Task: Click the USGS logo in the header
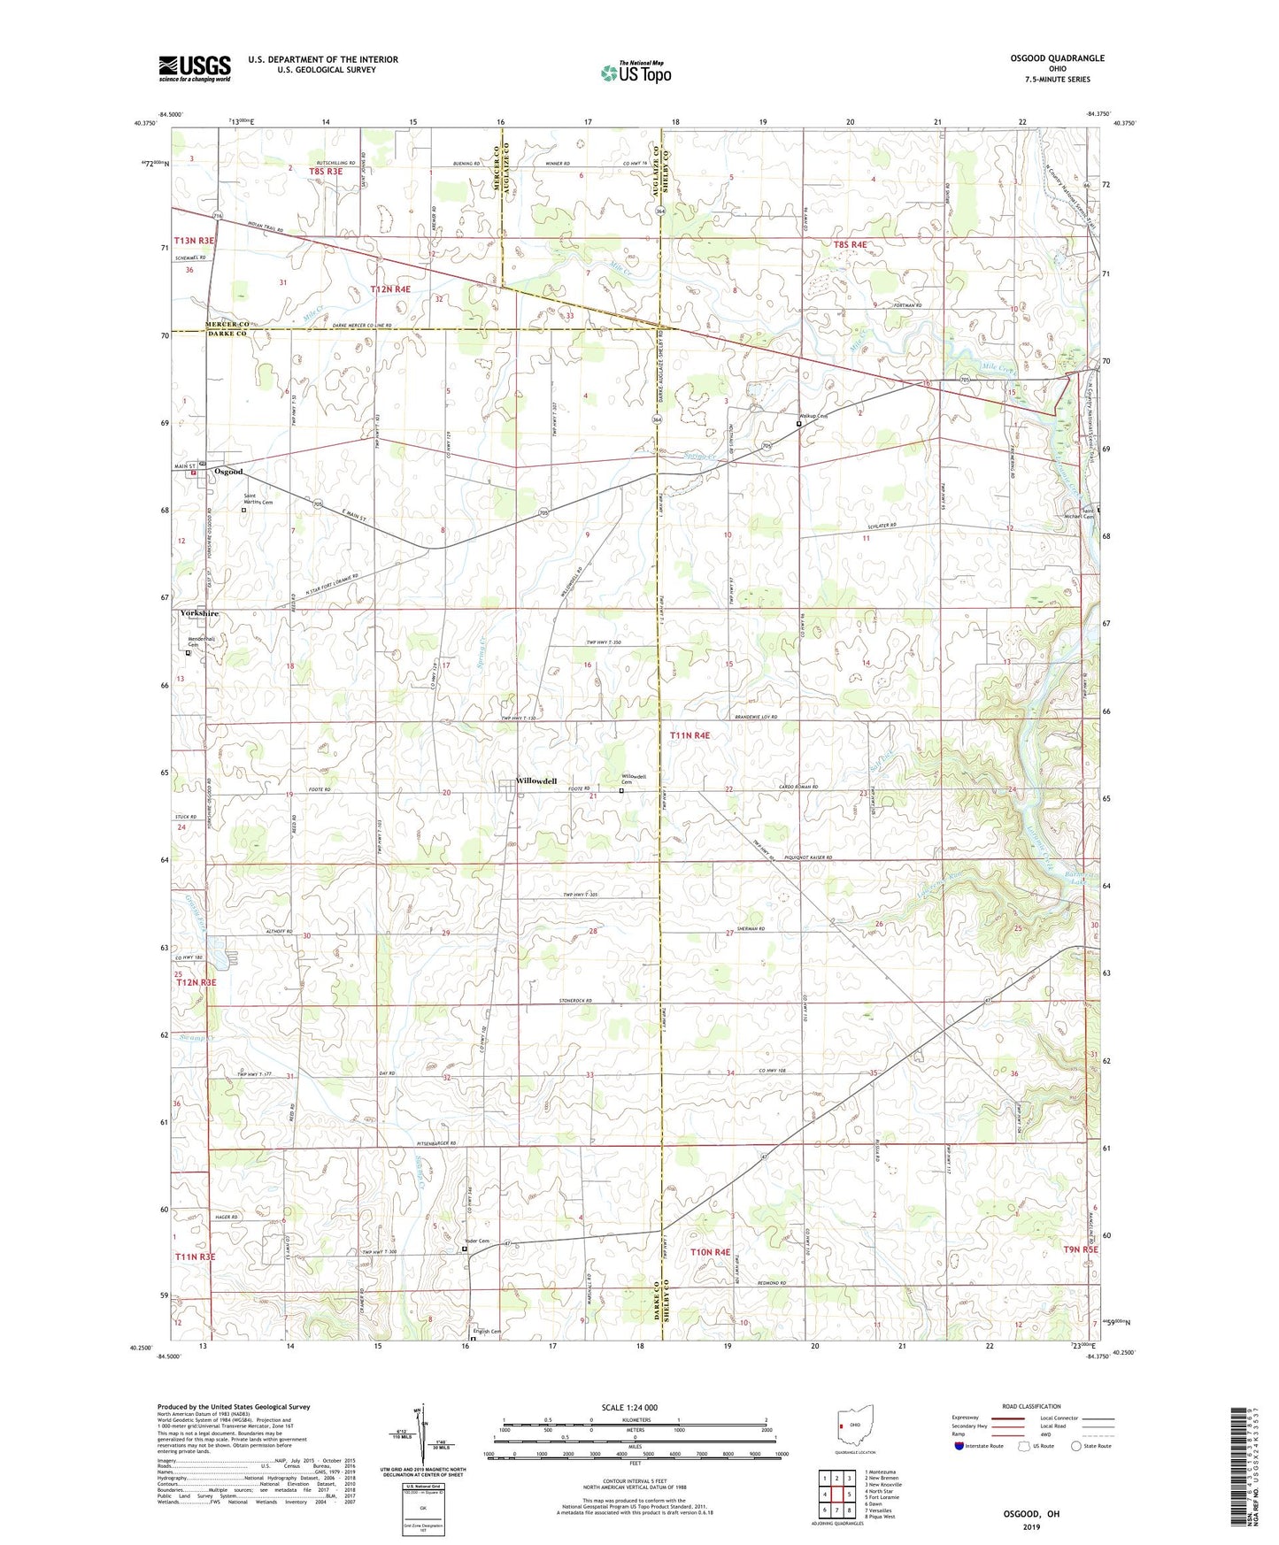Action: click(x=195, y=68)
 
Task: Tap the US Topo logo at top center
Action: click(x=634, y=73)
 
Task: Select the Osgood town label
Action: click(x=228, y=472)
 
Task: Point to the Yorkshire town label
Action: click(x=199, y=613)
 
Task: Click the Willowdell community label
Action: click(x=536, y=781)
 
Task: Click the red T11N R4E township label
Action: click(x=690, y=735)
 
